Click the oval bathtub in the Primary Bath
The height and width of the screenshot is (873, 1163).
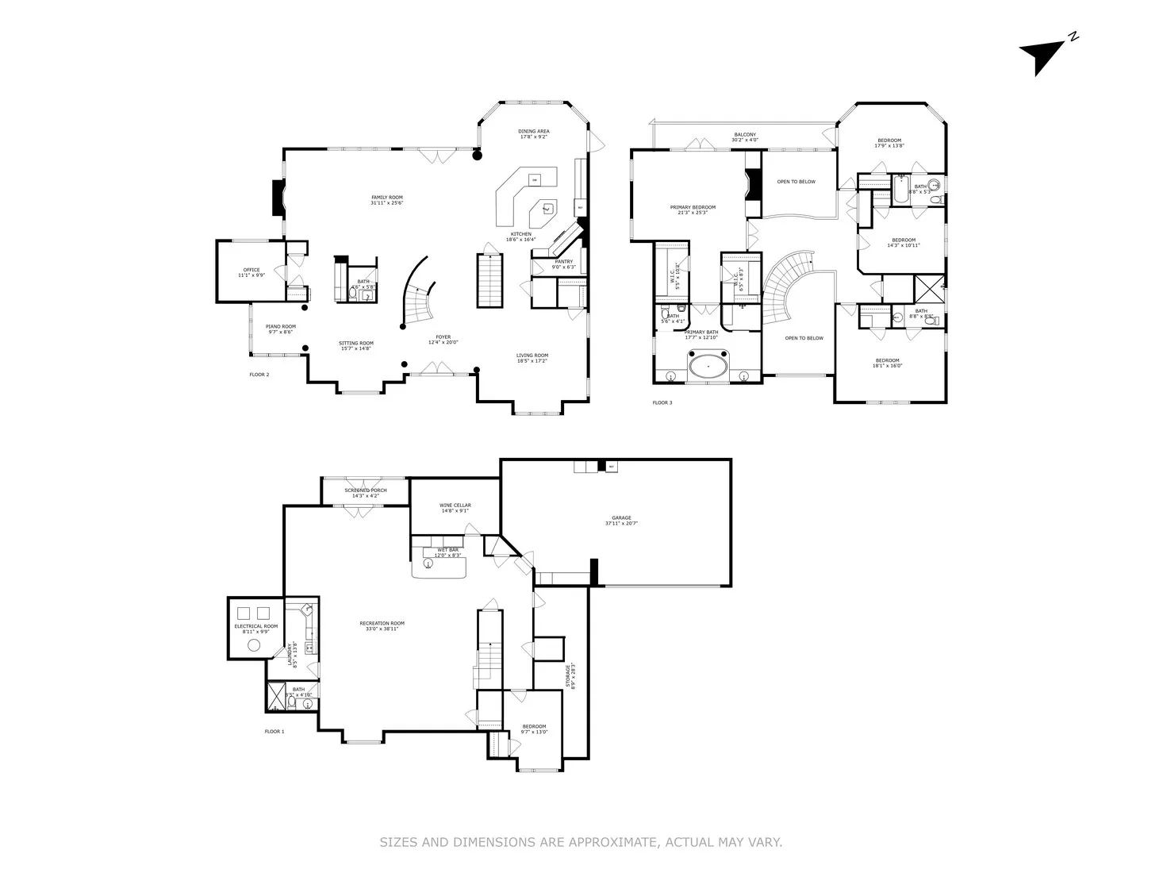[708, 368]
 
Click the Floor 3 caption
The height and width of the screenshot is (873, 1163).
[662, 403]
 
